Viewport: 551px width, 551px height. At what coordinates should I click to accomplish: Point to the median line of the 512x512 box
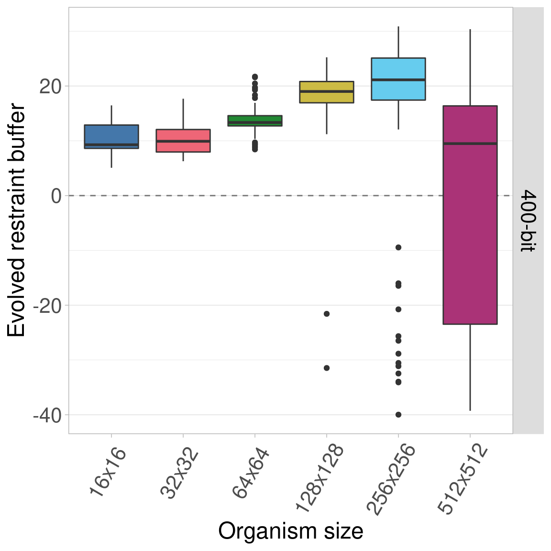470,143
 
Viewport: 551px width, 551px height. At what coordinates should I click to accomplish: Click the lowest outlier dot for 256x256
398,415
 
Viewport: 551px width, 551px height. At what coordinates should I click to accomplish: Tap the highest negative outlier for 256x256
398,247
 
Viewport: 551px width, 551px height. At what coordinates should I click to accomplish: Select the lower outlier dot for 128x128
327,368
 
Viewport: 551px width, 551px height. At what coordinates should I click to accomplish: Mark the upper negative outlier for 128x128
327,314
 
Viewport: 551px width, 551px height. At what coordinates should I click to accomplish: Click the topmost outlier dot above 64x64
255,77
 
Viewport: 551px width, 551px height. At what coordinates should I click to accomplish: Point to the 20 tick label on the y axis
50,87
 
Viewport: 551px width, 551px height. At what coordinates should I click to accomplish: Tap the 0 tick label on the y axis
56,196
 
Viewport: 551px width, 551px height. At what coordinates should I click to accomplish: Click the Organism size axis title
290,531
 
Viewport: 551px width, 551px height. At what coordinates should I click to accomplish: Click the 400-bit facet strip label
528,220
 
